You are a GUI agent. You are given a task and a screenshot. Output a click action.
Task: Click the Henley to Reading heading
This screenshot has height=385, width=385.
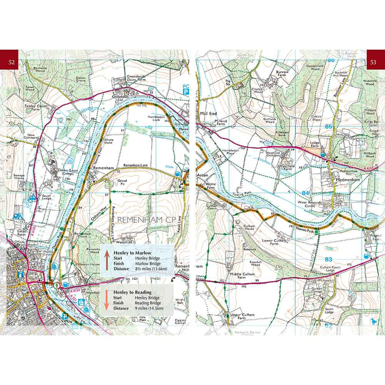(x=130, y=292)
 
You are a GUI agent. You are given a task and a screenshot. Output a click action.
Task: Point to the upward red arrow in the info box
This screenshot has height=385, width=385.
(x=107, y=260)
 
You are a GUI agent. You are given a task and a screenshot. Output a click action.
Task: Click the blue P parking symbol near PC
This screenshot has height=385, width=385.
(x=186, y=93)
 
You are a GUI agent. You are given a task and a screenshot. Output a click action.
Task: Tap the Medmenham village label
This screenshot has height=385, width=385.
(x=348, y=180)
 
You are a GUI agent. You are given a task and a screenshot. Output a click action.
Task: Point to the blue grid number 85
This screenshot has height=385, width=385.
(x=329, y=127)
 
